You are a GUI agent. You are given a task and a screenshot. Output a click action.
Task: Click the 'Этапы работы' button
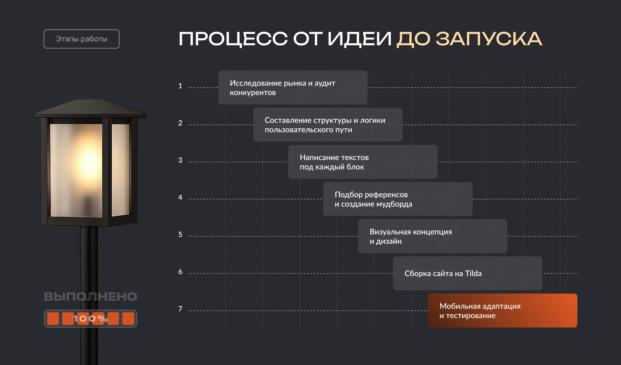click(82, 39)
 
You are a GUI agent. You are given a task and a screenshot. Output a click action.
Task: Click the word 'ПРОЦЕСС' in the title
click(233, 39)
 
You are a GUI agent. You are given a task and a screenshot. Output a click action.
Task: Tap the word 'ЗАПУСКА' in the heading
click(489, 39)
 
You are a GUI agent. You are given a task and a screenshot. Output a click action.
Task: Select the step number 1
click(180, 86)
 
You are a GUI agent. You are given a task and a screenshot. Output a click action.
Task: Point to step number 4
click(180, 198)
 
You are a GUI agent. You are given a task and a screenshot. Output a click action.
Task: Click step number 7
click(180, 309)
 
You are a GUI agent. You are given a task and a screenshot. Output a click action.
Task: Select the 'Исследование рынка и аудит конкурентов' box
click(293, 87)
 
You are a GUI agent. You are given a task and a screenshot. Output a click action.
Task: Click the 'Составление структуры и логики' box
click(328, 124)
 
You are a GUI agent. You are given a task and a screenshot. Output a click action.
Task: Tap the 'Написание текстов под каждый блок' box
click(363, 162)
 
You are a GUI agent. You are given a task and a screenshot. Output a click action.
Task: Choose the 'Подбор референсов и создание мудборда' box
click(398, 199)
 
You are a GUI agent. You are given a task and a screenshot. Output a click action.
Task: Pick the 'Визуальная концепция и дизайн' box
click(432, 236)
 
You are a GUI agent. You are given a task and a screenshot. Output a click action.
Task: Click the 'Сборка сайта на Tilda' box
click(467, 273)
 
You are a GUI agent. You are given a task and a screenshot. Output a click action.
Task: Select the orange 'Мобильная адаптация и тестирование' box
click(502, 310)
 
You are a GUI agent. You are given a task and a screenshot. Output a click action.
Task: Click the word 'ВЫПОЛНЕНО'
click(91, 296)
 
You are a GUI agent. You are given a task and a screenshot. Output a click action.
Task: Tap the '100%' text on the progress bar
click(91, 319)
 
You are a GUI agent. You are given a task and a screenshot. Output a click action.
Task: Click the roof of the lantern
click(90, 108)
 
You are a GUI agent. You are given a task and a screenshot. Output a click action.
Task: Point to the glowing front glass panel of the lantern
click(76, 170)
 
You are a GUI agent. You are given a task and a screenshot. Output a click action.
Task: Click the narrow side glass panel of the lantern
click(121, 170)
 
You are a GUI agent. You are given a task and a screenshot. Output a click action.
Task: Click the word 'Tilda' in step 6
click(473, 274)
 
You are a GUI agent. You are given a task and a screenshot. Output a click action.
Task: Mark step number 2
click(180, 123)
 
